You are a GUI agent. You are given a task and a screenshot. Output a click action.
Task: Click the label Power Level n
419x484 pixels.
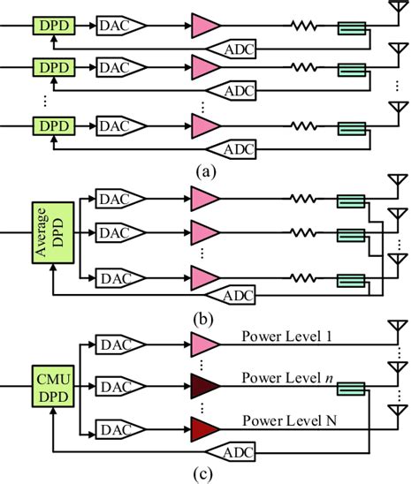click(285, 379)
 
